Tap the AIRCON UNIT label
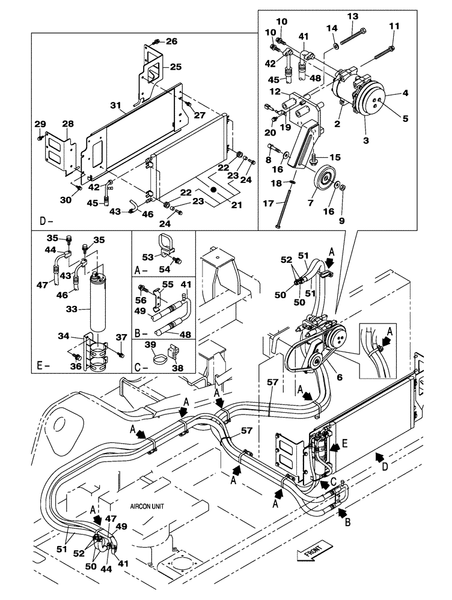[148, 506]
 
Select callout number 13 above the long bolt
[352, 16]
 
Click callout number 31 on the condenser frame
[115, 106]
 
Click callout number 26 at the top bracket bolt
[172, 42]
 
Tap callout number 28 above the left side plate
[67, 123]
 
